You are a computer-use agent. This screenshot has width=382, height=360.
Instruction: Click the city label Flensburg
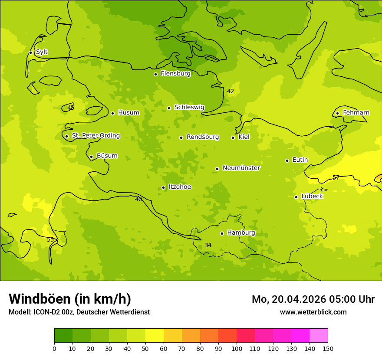coord(175,74)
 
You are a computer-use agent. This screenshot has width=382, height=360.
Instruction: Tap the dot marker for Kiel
coord(233,137)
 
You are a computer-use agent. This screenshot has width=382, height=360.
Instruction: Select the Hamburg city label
coord(241,233)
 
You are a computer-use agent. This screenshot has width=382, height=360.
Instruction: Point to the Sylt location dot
coord(30,52)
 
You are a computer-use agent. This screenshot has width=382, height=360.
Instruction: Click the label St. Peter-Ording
coord(95,136)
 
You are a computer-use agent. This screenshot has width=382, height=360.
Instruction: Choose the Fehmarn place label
coord(356,113)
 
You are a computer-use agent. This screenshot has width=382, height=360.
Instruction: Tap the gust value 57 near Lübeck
coord(336,177)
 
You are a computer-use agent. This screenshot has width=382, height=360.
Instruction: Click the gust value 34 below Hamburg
coord(208,245)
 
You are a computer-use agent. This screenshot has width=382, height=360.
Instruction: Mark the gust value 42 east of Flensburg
coord(231,91)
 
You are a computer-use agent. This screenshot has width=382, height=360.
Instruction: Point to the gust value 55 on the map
coord(50,239)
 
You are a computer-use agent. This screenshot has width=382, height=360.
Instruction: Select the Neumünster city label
coord(241,168)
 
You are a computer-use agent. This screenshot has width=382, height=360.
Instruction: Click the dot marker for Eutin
coord(287,160)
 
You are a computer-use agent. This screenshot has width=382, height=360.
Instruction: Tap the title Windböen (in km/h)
coord(70,299)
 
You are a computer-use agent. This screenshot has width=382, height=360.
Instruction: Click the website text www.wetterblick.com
coord(313,312)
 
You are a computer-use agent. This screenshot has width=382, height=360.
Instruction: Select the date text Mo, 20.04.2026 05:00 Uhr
coord(313,299)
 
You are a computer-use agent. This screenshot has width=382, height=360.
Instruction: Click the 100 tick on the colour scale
coord(237,348)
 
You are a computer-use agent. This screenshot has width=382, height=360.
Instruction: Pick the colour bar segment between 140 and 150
coord(319,336)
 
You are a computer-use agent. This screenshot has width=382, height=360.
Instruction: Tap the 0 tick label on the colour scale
coord(54,348)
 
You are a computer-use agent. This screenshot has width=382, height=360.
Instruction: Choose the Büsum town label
coord(107,156)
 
